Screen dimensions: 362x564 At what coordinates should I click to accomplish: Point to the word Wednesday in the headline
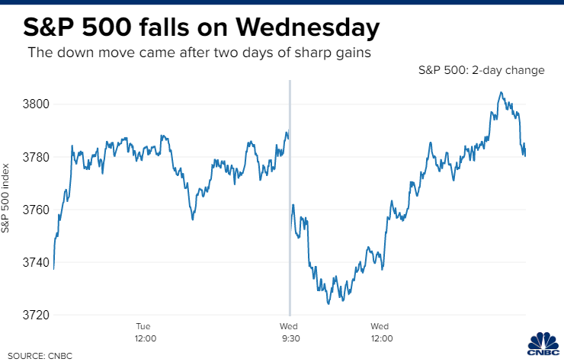[308, 28]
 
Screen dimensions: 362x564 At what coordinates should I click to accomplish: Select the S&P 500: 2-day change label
[481, 70]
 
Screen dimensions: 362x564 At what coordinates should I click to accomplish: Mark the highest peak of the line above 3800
[501, 92]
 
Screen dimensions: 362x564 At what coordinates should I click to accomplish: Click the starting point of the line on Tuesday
[53, 268]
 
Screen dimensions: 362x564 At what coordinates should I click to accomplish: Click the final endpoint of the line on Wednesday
[525, 155]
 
